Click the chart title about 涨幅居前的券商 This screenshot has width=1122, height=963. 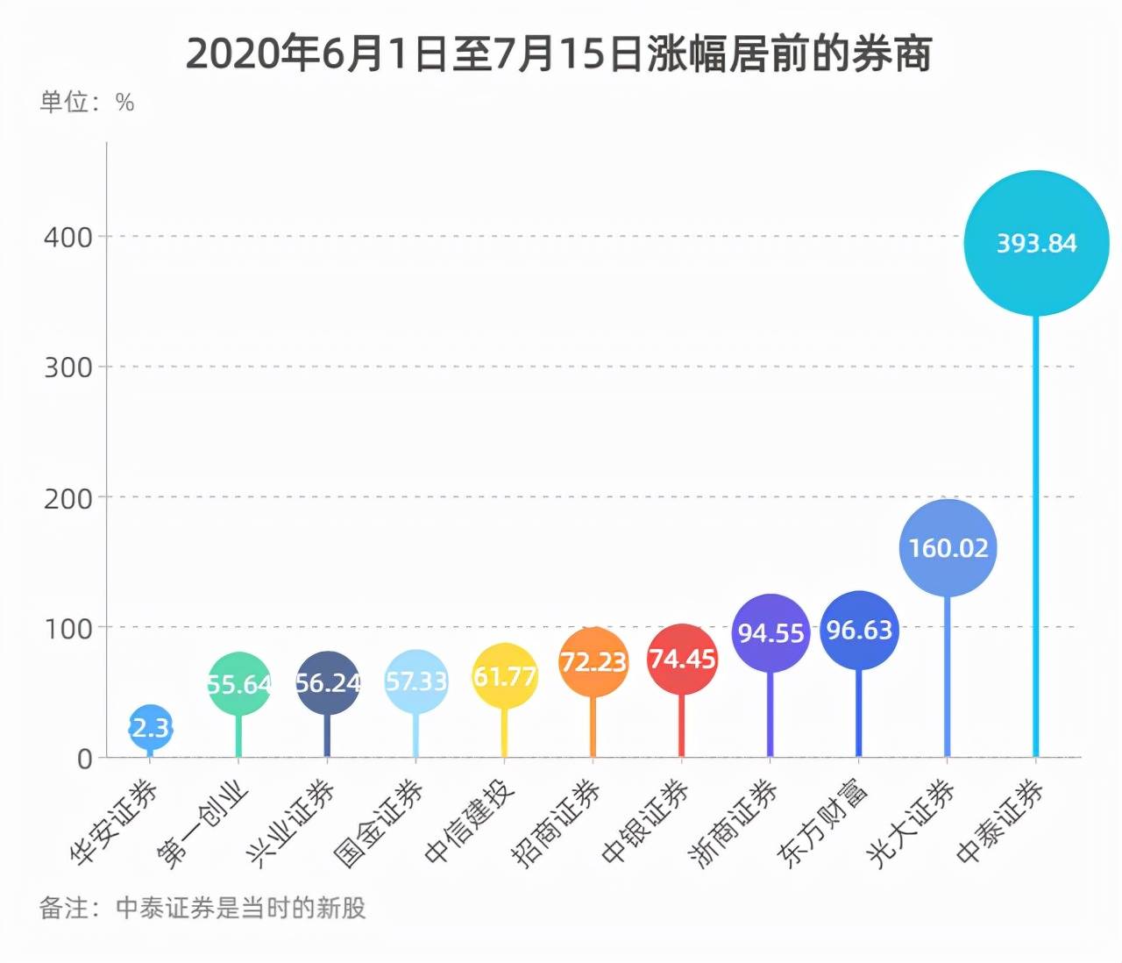pyautogui.click(x=559, y=54)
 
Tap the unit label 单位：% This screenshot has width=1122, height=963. pyautogui.click(x=87, y=103)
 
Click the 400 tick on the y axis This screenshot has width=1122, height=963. pyautogui.click(x=68, y=237)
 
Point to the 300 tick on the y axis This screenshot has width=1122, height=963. pyautogui.click(x=68, y=367)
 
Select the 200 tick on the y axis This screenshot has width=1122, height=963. pyautogui.click(x=68, y=498)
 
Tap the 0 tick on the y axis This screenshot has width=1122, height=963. pyautogui.click(x=84, y=759)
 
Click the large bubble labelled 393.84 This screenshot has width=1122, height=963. pyautogui.click(x=1036, y=243)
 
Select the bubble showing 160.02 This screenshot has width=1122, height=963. pyautogui.click(x=948, y=548)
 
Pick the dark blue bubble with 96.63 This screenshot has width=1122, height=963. pyautogui.click(x=859, y=630)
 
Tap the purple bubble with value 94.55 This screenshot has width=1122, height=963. pyautogui.click(x=770, y=633)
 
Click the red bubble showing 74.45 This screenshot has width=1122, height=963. pyautogui.click(x=682, y=659)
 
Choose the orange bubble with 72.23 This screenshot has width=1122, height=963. pyautogui.click(x=593, y=661)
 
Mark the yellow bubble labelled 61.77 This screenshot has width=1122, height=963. pyautogui.click(x=505, y=676)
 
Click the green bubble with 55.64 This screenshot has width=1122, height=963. pyautogui.click(x=238, y=683)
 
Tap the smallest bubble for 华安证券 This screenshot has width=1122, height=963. pyautogui.click(x=151, y=727)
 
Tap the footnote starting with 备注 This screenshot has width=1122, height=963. pyautogui.click(x=202, y=908)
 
